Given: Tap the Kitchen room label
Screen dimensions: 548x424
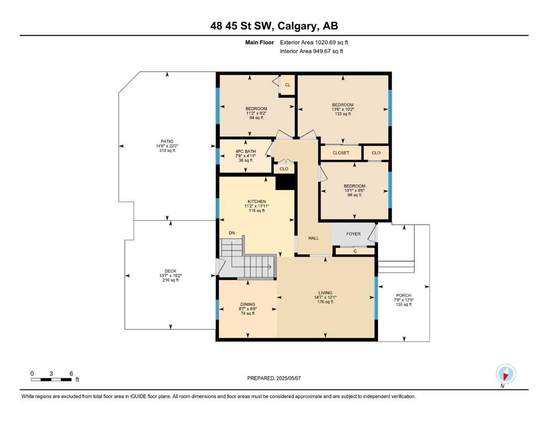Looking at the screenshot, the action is [x=257, y=202].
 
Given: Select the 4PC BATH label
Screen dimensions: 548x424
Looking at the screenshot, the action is [x=246, y=151].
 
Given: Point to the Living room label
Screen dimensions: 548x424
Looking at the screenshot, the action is [x=325, y=293].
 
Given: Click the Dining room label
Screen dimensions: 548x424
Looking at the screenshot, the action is [x=247, y=304].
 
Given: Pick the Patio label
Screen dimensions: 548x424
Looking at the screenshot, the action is [x=167, y=141].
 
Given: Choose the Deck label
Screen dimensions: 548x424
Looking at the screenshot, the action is [x=171, y=271].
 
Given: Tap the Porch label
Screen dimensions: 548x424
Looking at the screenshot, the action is [x=403, y=295].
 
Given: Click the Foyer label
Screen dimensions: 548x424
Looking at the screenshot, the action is [x=353, y=234].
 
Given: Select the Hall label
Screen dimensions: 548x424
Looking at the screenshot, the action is [x=313, y=238].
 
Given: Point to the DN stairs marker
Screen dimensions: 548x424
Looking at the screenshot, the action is [x=232, y=233].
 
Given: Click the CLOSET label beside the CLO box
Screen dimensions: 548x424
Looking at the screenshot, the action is [x=340, y=153].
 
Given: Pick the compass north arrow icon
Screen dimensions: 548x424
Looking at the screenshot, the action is [x=506, y=374].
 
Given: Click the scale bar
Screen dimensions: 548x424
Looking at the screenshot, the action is [x=51, y=380].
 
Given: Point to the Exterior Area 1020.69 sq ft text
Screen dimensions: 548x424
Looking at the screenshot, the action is [x=314, y=43].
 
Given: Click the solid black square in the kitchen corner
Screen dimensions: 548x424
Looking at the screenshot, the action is [x=285, y=182].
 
